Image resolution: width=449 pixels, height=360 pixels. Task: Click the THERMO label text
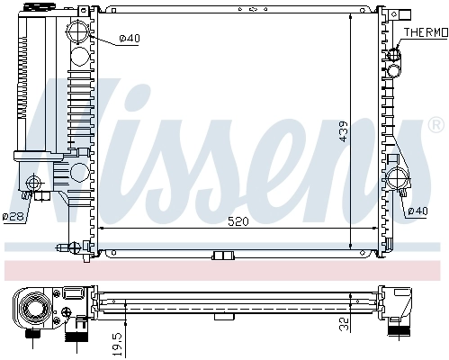[x=425, y=32]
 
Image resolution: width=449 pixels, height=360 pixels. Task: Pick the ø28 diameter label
[x=13, y=216]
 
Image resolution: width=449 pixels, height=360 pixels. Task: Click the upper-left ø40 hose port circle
[x=80, y=37]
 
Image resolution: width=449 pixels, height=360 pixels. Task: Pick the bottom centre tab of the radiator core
[x=220, y=256]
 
